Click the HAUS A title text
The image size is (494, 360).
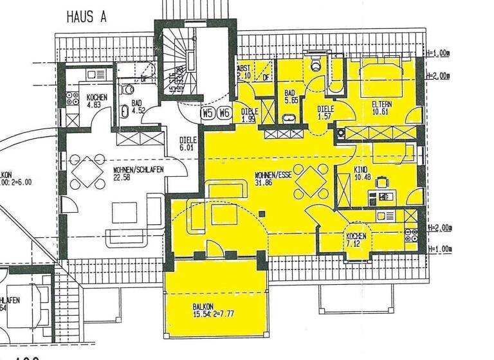(x=86, y=17)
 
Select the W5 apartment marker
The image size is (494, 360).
(x=207, y=113)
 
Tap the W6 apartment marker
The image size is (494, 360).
(x=223, y=113)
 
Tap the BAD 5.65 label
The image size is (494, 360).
(x=290, y=97)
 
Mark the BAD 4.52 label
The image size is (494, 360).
(x=136, y=106)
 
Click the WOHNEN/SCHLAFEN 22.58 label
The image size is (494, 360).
(x=138, y=173)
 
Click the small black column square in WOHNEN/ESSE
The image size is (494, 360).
(x=262, y=213)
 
